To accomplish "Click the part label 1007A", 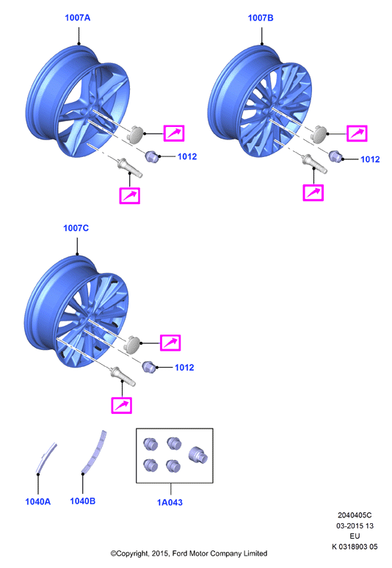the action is pos(77,18).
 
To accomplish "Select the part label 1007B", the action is pos(261,18).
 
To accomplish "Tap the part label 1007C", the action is pos(76,227).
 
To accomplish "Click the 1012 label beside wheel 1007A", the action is pos(187,156).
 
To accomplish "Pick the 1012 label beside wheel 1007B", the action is pos(370,159).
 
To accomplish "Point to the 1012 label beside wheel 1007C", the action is pos(184,368).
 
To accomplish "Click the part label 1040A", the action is pos(37,502).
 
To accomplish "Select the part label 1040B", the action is pos(83,501).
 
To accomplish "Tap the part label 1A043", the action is pos(170,503).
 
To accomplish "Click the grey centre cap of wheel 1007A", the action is pos(136,134).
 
